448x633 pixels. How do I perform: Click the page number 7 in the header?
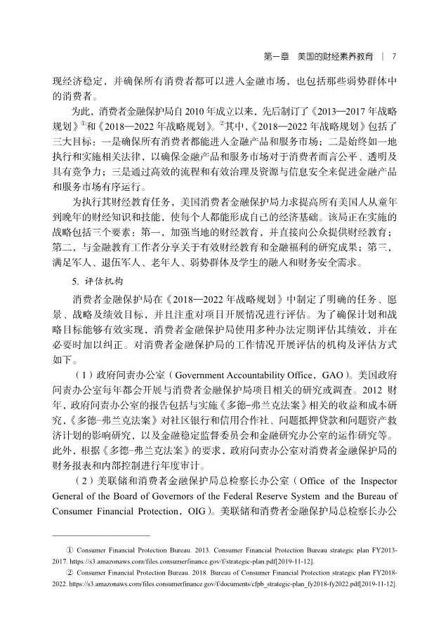point(395,55)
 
